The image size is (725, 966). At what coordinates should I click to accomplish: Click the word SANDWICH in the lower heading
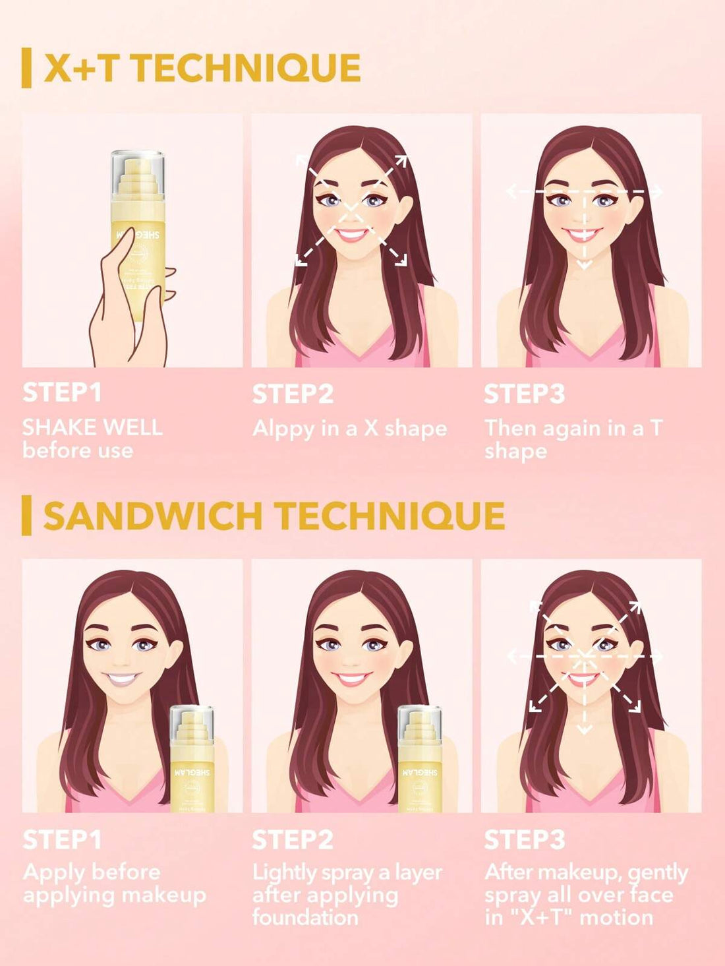(x=152, y=516)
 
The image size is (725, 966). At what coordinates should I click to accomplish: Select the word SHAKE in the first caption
(x=55, y=427)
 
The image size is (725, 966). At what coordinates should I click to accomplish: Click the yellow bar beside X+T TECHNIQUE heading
(x=26, y=67)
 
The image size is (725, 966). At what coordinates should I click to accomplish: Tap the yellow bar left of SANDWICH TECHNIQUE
(x=26, y=516)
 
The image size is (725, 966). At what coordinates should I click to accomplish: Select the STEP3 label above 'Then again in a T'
(x=524, y=394)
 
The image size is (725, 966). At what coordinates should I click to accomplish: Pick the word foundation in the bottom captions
(x=305, y=917)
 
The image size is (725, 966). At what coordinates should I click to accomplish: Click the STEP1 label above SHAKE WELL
(x=62, y=392)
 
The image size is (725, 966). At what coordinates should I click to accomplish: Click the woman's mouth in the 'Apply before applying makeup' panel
(x=122, y=678)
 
